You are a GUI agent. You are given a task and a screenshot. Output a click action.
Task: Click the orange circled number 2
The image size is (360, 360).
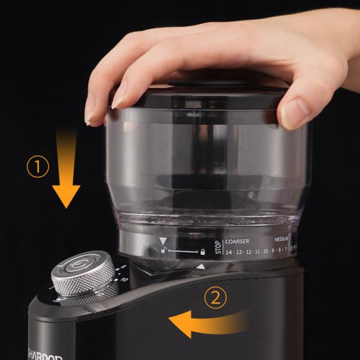point(215,298)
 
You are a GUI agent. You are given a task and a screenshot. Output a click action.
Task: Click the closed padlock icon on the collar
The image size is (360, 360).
point(203,251)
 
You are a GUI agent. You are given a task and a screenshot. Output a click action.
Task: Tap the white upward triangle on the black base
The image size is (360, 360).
point(201,266)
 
